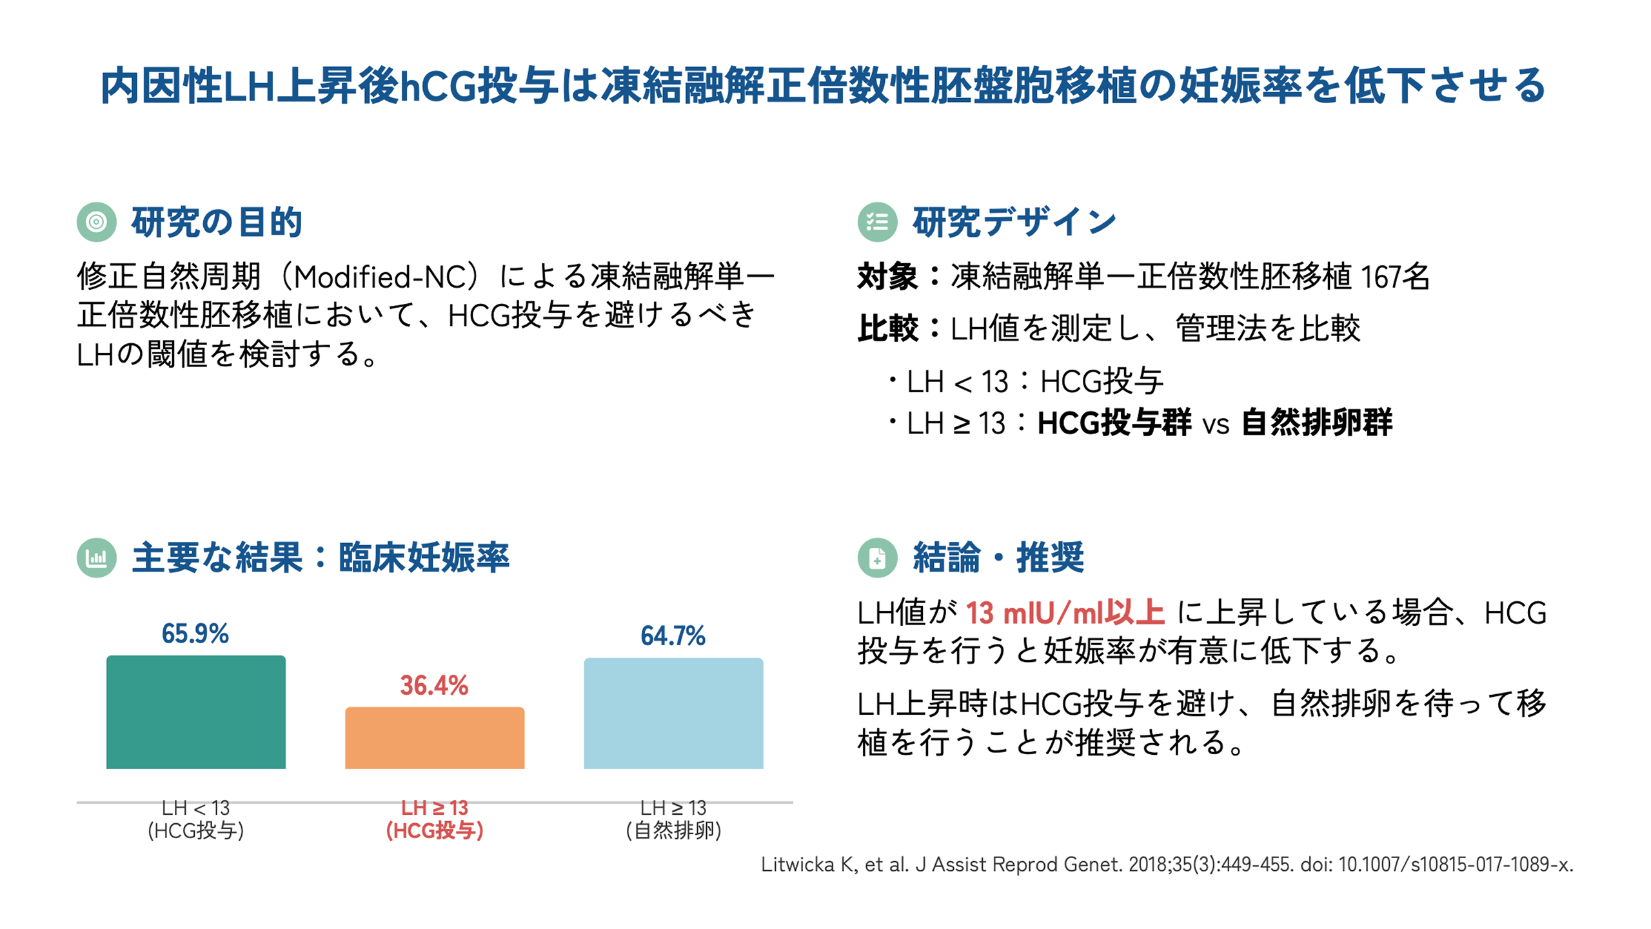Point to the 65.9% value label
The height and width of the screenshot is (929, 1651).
(195, 634)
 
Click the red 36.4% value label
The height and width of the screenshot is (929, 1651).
(434, 685)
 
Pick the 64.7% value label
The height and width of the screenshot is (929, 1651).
(673, 635)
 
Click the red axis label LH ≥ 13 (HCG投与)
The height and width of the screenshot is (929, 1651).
(434, 819)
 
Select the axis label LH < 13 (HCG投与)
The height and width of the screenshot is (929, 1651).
(195, 819)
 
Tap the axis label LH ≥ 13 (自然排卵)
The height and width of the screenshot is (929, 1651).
(673, 819)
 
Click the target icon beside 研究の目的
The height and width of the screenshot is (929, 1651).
(96, 222)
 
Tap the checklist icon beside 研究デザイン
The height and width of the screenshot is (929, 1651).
(877, 222)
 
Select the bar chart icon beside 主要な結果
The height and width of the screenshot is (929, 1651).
(96, 557)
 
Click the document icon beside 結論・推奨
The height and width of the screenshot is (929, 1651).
(877, 557)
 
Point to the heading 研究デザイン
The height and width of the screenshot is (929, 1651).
(1014, 222)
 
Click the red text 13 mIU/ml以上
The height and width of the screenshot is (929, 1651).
(1065, 612)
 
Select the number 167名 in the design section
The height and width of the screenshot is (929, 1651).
(1395, 277)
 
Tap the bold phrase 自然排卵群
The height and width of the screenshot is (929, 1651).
(1316, 423)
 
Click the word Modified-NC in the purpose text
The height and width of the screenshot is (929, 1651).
(385, 277)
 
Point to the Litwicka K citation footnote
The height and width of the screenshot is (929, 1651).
(1167, 864)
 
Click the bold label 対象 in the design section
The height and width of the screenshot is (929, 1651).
(887, 277)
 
